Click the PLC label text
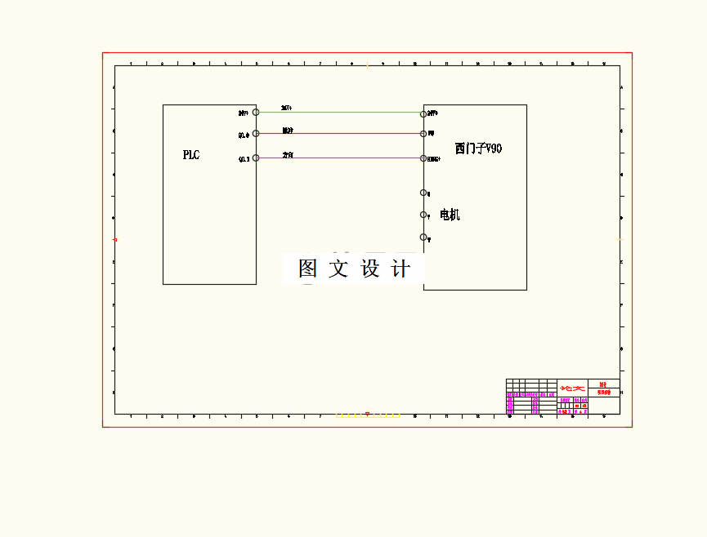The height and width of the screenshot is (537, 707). point(191,155)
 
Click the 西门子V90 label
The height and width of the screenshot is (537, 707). point(478,149)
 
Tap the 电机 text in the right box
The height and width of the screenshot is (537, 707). point(450,215)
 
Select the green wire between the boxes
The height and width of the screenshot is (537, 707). point(339,112)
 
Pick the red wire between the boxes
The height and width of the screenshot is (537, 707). point(339,133)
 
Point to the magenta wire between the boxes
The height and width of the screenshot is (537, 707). point(339,158)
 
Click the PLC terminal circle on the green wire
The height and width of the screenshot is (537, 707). point(256,112)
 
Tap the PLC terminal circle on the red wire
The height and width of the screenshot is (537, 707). point(256,133)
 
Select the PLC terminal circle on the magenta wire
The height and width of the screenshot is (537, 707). point(256,158)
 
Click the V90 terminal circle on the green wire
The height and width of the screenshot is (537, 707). point(423,112)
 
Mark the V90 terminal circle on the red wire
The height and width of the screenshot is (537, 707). point(423,133)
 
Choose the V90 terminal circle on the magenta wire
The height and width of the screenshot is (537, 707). point(423,158)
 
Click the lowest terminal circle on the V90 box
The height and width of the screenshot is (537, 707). point(423,237)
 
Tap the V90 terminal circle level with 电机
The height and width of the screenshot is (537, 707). point(423,215)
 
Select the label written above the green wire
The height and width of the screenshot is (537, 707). point(287,108)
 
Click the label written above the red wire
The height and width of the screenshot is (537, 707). point(288,130)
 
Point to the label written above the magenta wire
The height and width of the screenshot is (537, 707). point(288,154)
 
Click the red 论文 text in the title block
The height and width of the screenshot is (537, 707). point(572,388)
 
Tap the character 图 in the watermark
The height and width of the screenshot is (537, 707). point(308,268)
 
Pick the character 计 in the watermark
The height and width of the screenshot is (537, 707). point(400,268)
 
